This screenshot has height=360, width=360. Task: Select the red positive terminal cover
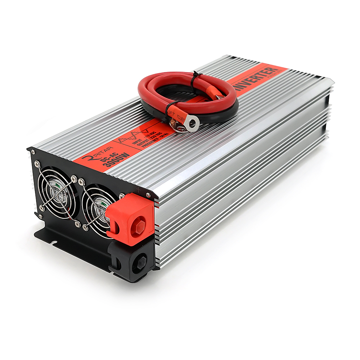131,220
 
